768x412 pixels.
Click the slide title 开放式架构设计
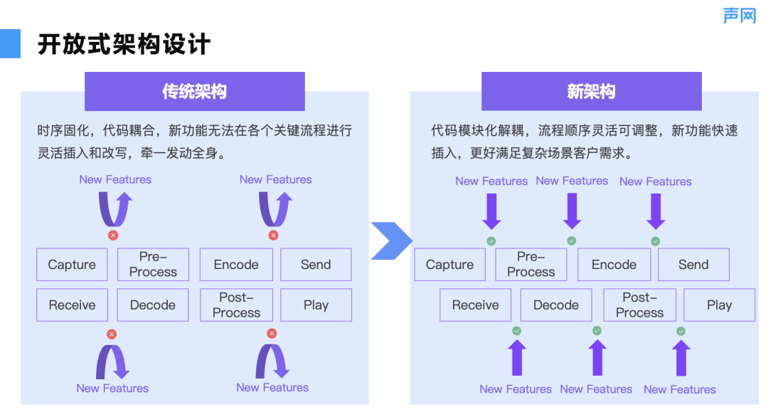point(124,44)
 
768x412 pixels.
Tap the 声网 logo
point(740,15)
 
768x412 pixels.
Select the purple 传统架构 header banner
point(194,91)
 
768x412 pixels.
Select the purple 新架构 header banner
point(591,91)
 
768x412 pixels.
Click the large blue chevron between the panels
point(391,241)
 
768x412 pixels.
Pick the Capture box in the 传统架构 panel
point(72,265)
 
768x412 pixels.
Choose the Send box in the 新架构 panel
point(693,265)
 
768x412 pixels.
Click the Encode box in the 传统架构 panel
point(236,265)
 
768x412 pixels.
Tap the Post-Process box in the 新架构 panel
point(640,305)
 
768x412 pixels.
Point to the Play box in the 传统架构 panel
point(316,305)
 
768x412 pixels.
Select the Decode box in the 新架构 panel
point(556,305)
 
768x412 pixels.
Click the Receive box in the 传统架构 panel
point(72,305)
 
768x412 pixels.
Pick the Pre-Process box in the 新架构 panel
point(531,265)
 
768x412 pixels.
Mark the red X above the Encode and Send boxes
point(273,236)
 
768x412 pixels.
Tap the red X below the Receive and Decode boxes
point(112,334)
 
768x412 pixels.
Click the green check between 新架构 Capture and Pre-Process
point(491,241)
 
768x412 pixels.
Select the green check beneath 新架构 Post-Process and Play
point(681,331)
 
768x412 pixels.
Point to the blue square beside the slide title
point(10,43)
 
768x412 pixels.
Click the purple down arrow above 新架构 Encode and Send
point(656,211)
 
